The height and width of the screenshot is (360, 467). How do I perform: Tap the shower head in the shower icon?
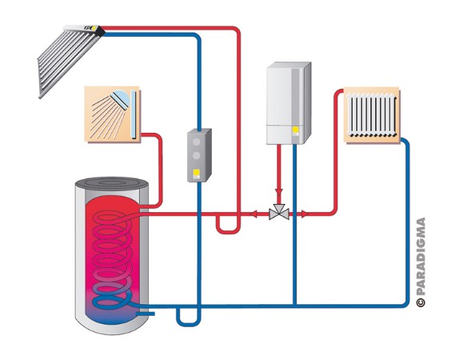[121, 98]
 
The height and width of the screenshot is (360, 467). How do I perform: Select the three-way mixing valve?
[279, 212]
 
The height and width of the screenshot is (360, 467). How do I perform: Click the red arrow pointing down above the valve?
[279, 192]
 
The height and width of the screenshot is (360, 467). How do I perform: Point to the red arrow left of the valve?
[253, 214]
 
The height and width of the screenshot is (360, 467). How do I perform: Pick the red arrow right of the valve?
[304, 214]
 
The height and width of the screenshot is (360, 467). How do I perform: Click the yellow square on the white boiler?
[295, 130]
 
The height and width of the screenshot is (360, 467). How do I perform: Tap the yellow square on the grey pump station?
[196, 173]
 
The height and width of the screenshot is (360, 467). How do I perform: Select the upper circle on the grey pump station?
[196, 142]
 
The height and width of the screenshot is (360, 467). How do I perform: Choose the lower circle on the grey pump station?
[196, 155]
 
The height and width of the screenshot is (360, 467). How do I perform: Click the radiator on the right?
[372, 114]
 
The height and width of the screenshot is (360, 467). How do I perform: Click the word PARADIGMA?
[421, 257]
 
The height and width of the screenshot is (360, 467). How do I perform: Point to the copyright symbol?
[421, 302]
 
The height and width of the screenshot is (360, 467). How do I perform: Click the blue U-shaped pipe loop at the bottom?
[189, 324]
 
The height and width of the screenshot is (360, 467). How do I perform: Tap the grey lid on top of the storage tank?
[112, 184]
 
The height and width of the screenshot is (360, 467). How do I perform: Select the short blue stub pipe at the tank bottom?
[146, 314]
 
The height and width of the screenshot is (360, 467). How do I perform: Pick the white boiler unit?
[289, 103]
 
